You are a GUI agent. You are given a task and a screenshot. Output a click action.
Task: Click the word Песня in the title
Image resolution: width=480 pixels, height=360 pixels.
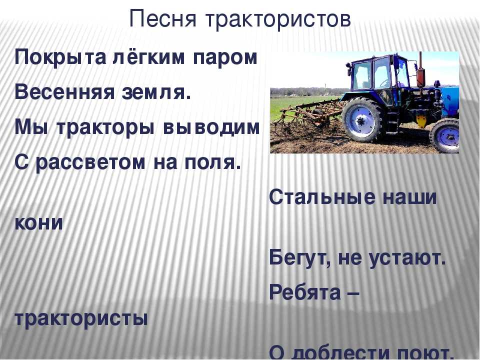[x=162, y=19]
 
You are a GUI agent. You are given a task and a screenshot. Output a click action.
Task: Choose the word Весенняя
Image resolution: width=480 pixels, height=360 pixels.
[x=65, y=92]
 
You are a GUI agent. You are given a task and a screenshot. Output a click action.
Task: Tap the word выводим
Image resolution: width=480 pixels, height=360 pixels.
[x=211, y=127]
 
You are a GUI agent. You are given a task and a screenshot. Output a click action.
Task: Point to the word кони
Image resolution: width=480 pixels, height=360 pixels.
[x=38, y=223]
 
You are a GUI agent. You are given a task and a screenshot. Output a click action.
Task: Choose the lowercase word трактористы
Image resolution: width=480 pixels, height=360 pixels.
[x=81, y=319]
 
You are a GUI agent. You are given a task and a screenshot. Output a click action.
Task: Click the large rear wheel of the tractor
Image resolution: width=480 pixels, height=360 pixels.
[x=363, y=120]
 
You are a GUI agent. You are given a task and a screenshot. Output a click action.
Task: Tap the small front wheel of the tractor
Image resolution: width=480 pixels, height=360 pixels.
[x=444, y=135]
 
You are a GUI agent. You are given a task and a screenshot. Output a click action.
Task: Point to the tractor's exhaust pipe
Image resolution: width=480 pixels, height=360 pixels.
[x=421, y=73]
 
